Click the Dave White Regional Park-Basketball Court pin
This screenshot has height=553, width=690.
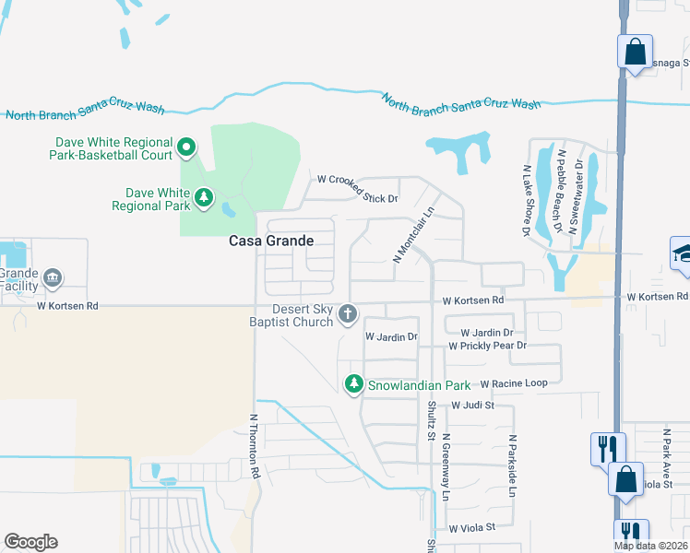[185, 146]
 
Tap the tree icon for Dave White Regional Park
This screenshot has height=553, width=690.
[203, 196]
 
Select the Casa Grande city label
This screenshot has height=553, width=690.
[271, 241]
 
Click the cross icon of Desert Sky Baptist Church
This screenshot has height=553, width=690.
[348, 315]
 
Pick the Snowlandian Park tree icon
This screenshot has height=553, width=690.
[354, 384]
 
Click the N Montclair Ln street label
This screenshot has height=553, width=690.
[413, 235]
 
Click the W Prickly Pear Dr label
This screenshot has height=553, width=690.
[487, 346]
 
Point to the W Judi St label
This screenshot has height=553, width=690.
[473, 405]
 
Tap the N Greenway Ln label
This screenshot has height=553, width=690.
[446, 467]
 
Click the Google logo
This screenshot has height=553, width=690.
[30, 542]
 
